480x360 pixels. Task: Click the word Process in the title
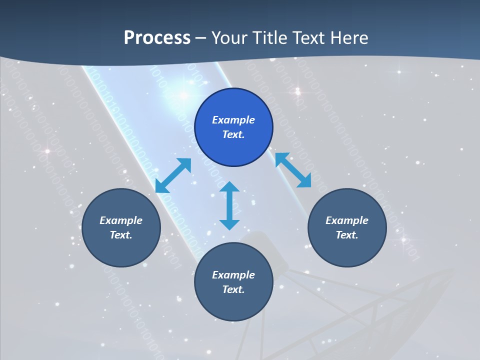click(x=157, y=38)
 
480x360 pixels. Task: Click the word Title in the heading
click(x=269, y=38)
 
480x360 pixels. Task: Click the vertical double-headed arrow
click(x=229, y=206)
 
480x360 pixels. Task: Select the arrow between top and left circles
click(x=173, y=175)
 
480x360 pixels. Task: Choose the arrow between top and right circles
click(x=293, y=170)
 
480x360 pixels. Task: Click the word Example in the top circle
click(x=233, y=120)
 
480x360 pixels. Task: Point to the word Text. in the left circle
click(x=121, y=235)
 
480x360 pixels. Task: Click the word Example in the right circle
click(x=347, y=220)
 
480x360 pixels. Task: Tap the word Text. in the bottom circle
click(x=233, y=289)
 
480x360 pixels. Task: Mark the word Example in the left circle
click(x=121, y=220)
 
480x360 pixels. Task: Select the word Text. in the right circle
click(x=347, y=235)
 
